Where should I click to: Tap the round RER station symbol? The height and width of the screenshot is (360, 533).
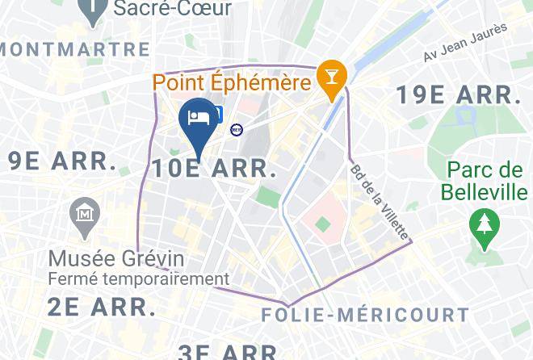(x=237, y=129)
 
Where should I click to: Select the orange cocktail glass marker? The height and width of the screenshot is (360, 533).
(x=332, y=78)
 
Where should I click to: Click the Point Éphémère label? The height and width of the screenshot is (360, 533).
(x=232, y=82)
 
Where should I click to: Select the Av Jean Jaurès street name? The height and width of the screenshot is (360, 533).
(x=465, y=42)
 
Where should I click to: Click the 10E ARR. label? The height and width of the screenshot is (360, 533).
(x=214, y=169)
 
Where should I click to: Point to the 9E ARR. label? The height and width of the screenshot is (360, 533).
(x=63, y=161)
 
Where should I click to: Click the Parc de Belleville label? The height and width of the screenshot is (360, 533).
(x=485, y=182)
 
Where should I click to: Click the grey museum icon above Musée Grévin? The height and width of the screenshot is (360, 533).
(x=84, y=215)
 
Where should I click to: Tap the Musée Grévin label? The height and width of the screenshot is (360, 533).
(x=116, y=259)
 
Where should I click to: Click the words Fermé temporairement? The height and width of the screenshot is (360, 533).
(x=138, y=279)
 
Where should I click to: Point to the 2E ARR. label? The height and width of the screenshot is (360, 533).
(x=101, y=307)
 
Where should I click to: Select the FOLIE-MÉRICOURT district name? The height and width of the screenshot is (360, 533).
(x=366, y=314)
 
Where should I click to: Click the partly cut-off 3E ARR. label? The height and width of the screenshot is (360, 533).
(x=229, y=352)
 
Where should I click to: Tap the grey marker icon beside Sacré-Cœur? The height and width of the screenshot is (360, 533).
(x=95, y=10)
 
